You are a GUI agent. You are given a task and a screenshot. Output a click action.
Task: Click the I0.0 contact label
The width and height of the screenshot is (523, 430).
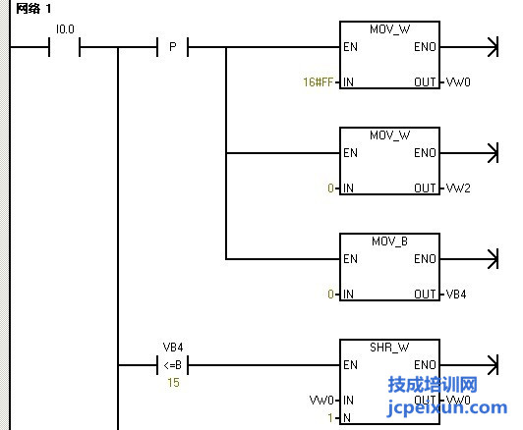point(65,29)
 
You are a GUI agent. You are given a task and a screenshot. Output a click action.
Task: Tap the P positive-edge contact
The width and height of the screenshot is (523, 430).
point(172,47)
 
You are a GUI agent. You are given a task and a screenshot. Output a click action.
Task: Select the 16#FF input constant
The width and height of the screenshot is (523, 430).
point(318,81)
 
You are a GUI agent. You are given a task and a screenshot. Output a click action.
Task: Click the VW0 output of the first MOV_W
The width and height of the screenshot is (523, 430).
point(458,81)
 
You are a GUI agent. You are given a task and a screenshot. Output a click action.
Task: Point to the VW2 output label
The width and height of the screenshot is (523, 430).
point(458,188)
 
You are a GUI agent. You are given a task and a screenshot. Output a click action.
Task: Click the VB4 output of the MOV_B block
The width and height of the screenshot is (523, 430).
point(456,295)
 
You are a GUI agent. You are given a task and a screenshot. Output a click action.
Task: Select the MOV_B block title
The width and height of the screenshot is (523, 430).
point(389,242)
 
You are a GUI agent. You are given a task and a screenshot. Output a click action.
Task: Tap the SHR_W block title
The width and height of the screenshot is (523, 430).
point(389,348)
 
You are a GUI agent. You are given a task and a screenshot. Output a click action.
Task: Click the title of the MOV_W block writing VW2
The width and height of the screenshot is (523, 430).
point(389,135)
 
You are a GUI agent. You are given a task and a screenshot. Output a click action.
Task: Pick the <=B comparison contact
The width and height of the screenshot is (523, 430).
point(172,365)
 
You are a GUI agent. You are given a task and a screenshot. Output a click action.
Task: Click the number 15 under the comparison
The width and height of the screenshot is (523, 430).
point(173,382)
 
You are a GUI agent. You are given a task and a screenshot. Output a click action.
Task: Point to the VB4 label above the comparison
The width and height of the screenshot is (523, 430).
point(173,348)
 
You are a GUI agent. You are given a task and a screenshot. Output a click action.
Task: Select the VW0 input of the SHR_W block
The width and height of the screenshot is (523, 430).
point(321,400)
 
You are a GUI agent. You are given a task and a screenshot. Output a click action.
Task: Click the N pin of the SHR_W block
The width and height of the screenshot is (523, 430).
point(347,417)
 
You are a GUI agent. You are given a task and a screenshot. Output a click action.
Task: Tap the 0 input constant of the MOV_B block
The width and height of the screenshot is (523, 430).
point(330,295)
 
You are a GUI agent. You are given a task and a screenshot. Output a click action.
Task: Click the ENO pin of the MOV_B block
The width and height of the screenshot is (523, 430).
point(425,259)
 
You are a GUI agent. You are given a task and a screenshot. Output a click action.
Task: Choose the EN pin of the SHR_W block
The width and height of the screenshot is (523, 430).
point(350,365)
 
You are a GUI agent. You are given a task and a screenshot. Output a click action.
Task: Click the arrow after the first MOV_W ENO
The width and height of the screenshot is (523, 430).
point(469,47)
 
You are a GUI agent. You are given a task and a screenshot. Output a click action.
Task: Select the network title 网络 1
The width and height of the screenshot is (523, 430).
point(33,8)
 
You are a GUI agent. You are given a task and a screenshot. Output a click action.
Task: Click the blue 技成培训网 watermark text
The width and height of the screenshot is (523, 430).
point(433,385)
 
